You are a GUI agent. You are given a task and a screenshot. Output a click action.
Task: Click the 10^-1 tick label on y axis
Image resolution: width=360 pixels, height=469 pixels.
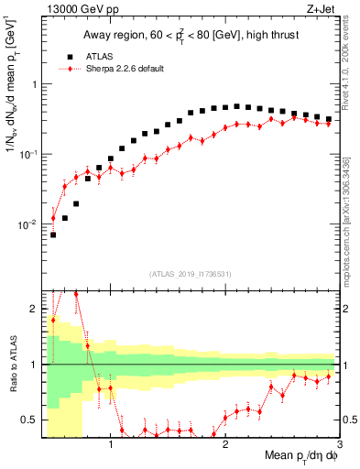tap(28, 154)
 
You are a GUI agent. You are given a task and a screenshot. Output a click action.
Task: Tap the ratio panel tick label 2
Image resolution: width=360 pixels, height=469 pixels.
tap(34, 309)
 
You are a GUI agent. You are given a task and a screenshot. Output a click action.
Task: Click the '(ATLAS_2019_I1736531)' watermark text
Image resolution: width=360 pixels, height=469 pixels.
tap(189, 274)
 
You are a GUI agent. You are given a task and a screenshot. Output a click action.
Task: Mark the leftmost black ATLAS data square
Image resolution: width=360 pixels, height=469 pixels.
tap(53, 234)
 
